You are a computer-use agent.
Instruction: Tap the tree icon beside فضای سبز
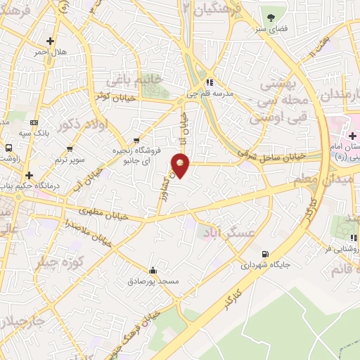tap(271, 17)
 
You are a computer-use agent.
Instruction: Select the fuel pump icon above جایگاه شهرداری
tap(264, 254)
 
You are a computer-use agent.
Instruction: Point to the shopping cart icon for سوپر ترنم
tap(70, 149)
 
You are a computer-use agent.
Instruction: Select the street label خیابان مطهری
tap(105, 212)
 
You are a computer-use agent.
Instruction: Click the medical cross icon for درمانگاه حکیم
tap(29, 175)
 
